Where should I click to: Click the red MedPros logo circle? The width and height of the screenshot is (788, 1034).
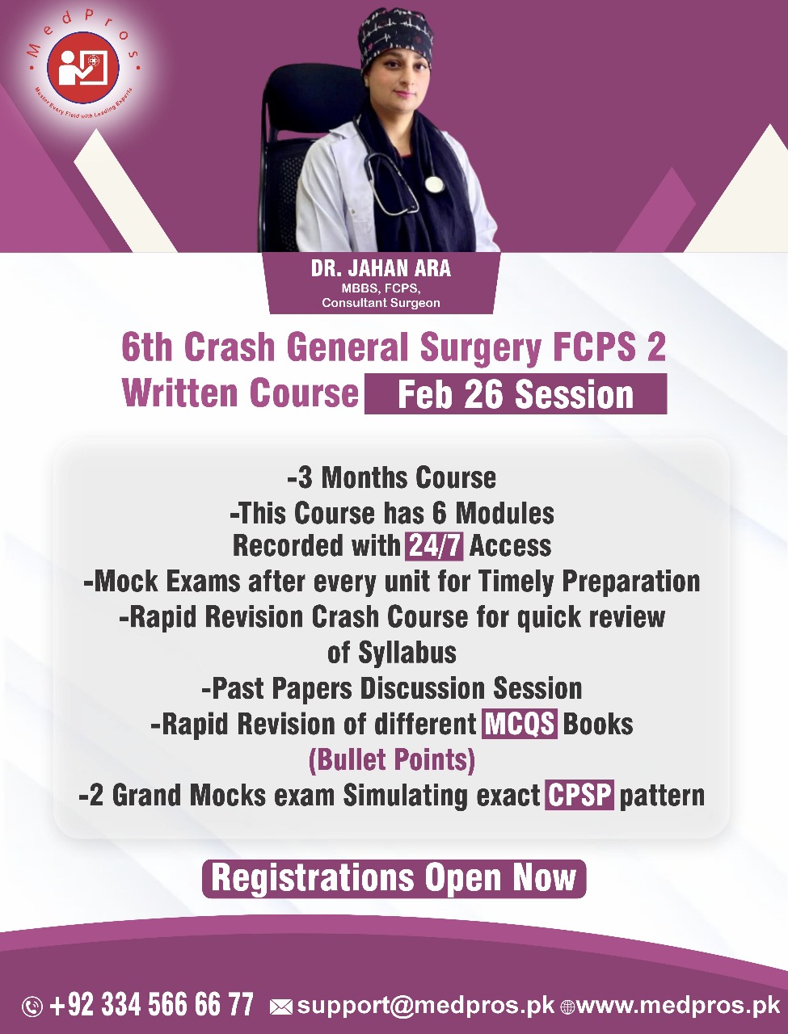click(83, 67)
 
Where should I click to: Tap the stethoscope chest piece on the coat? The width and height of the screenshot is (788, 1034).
click(434, 184)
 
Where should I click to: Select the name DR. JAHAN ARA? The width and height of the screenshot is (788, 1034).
click(381, 269)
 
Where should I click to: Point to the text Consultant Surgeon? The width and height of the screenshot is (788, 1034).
click(381, 303)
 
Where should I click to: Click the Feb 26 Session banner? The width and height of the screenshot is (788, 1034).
click(516, 394)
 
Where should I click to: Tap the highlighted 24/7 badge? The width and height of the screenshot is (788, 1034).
click(435, 546)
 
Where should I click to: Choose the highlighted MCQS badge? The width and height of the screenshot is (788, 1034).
click(520, 724)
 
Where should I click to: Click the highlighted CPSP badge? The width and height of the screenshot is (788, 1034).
click(579, 795)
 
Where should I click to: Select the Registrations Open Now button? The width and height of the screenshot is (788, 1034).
click(394, 878)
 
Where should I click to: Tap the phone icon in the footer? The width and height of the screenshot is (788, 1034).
click(32, 1007)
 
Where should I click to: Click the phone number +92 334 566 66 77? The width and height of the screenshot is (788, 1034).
click(151, 1006)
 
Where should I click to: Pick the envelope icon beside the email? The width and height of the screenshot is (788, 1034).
click(280, 1007)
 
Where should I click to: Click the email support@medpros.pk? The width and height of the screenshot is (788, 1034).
click(426, 1006)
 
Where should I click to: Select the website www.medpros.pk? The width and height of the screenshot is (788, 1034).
click(678, 1006)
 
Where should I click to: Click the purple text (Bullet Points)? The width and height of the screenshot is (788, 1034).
click(392, 760)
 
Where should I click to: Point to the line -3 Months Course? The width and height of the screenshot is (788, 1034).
click(392, 477)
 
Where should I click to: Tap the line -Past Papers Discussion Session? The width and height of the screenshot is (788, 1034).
click(392, 688)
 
